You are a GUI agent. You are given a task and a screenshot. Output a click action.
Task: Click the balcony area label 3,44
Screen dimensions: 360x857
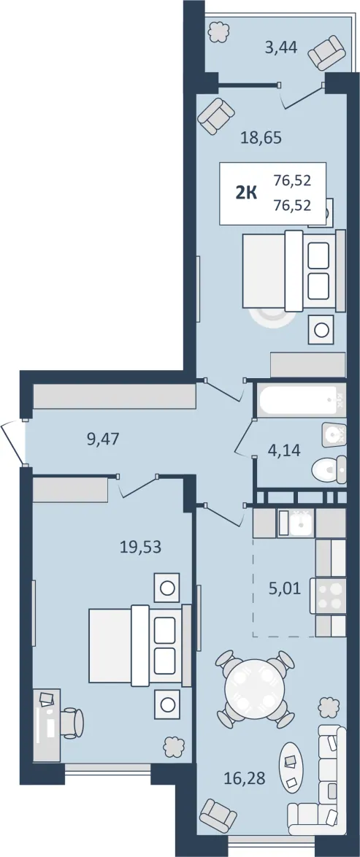click(280, 47)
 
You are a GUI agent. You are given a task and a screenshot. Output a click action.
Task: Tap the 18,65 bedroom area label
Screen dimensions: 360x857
click(261, 137)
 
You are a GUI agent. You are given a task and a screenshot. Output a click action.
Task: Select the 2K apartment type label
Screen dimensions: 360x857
click(246, 193)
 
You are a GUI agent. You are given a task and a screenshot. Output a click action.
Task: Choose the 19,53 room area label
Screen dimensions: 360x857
click(141, 547)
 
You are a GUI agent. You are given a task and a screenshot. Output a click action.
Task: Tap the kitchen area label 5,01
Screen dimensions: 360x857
click(285, 589)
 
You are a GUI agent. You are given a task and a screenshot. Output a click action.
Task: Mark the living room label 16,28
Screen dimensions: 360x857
click(245, 777)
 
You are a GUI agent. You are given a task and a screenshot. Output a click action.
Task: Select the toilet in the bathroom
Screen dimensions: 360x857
click(329, 469)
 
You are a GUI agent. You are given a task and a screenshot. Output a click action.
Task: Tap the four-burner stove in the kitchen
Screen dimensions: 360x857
click(329, 596)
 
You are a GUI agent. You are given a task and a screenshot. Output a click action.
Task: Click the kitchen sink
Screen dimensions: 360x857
click(296, 523)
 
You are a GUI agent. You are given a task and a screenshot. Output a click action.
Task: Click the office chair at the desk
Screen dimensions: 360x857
click(71, 723)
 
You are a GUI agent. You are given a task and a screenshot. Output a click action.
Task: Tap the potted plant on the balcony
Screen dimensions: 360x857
click(220, 31)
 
